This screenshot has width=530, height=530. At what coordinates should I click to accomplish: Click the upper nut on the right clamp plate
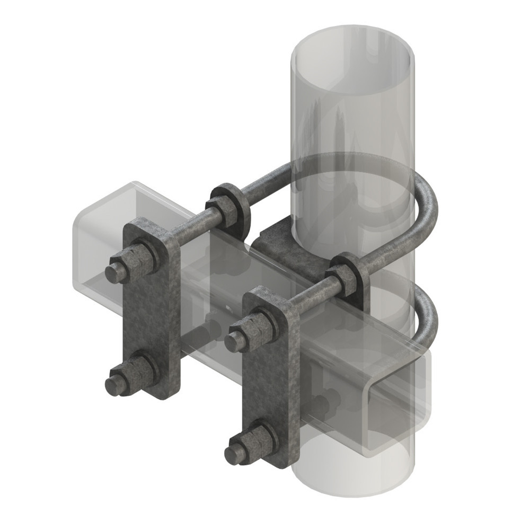[260, 329]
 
